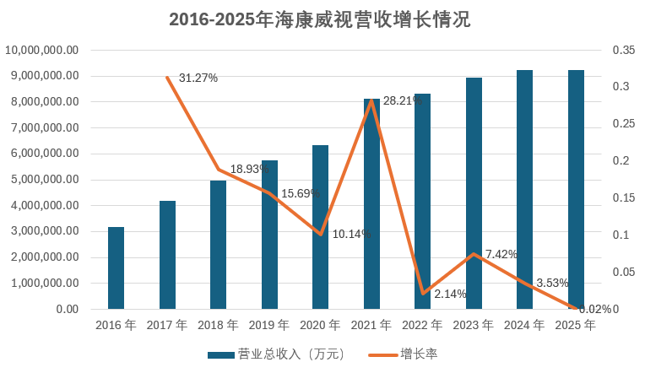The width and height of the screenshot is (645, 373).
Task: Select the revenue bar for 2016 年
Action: (116, 268)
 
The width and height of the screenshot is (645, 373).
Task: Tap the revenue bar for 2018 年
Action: (218, 245)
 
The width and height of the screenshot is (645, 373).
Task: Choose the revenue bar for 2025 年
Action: (576, 189)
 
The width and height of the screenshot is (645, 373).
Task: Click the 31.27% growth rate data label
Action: (198, 78)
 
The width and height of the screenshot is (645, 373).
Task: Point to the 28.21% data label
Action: (403, 100)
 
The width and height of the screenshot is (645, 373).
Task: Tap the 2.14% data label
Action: (450, 294)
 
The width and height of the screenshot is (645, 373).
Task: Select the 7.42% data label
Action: (501, 254)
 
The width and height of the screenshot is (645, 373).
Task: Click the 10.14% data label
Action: (351, 234)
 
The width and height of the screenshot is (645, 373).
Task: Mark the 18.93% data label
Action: (249, 169)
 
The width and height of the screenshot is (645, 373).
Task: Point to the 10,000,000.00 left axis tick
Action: (42, 50)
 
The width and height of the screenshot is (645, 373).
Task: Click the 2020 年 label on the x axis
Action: (320, 325)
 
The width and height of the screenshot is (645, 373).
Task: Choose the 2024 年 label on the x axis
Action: (524, 325)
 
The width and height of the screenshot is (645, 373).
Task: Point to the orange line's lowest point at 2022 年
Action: (423, 293)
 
